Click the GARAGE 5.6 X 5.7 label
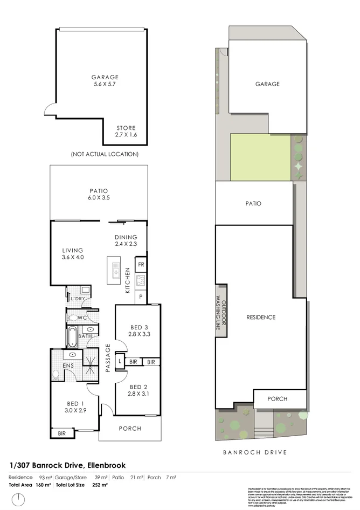105,81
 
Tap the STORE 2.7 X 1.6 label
126,131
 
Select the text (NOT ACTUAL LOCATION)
105,154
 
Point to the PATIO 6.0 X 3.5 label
99,194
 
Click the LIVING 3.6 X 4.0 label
72,253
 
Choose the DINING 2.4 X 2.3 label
126,240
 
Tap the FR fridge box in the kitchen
141,265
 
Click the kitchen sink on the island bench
116,267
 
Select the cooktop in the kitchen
141,280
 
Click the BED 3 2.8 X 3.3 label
138,330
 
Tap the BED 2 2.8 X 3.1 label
138,390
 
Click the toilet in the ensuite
57,374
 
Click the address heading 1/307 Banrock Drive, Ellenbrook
67,464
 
